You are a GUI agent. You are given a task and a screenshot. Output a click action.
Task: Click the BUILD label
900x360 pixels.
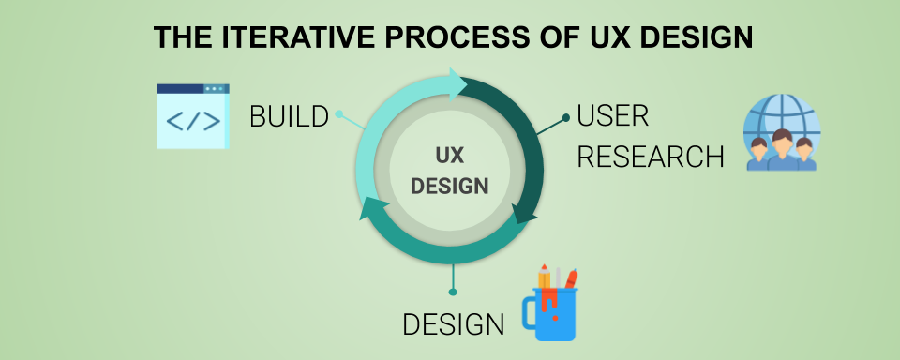290,116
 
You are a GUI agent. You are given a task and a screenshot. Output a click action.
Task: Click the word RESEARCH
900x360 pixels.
651,156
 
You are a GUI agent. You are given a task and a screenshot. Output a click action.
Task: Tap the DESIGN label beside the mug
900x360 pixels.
454,324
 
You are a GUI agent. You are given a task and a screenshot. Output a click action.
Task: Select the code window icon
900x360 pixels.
193,116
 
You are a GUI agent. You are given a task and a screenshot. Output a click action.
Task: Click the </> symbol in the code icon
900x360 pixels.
193,122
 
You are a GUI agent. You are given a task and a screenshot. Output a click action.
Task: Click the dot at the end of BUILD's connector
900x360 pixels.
339,116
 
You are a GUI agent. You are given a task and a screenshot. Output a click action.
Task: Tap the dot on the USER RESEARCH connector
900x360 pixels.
566,118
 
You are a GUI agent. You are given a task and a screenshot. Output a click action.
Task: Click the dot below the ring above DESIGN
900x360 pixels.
453,292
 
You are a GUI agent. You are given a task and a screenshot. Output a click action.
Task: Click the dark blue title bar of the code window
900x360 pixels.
193,88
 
